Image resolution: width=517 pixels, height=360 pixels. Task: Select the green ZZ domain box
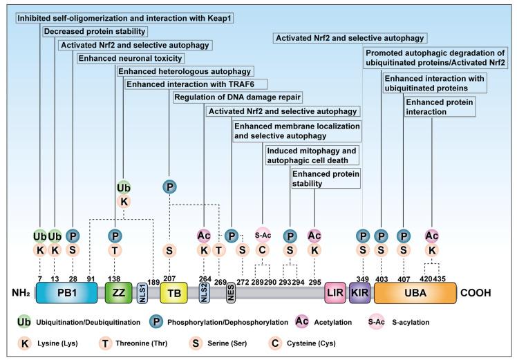point(117,293)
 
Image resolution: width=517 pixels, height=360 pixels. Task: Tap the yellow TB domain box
point(172,293)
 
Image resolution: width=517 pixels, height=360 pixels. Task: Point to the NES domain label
point(232,293)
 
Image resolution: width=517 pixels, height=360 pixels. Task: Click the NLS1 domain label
point(142,293)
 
